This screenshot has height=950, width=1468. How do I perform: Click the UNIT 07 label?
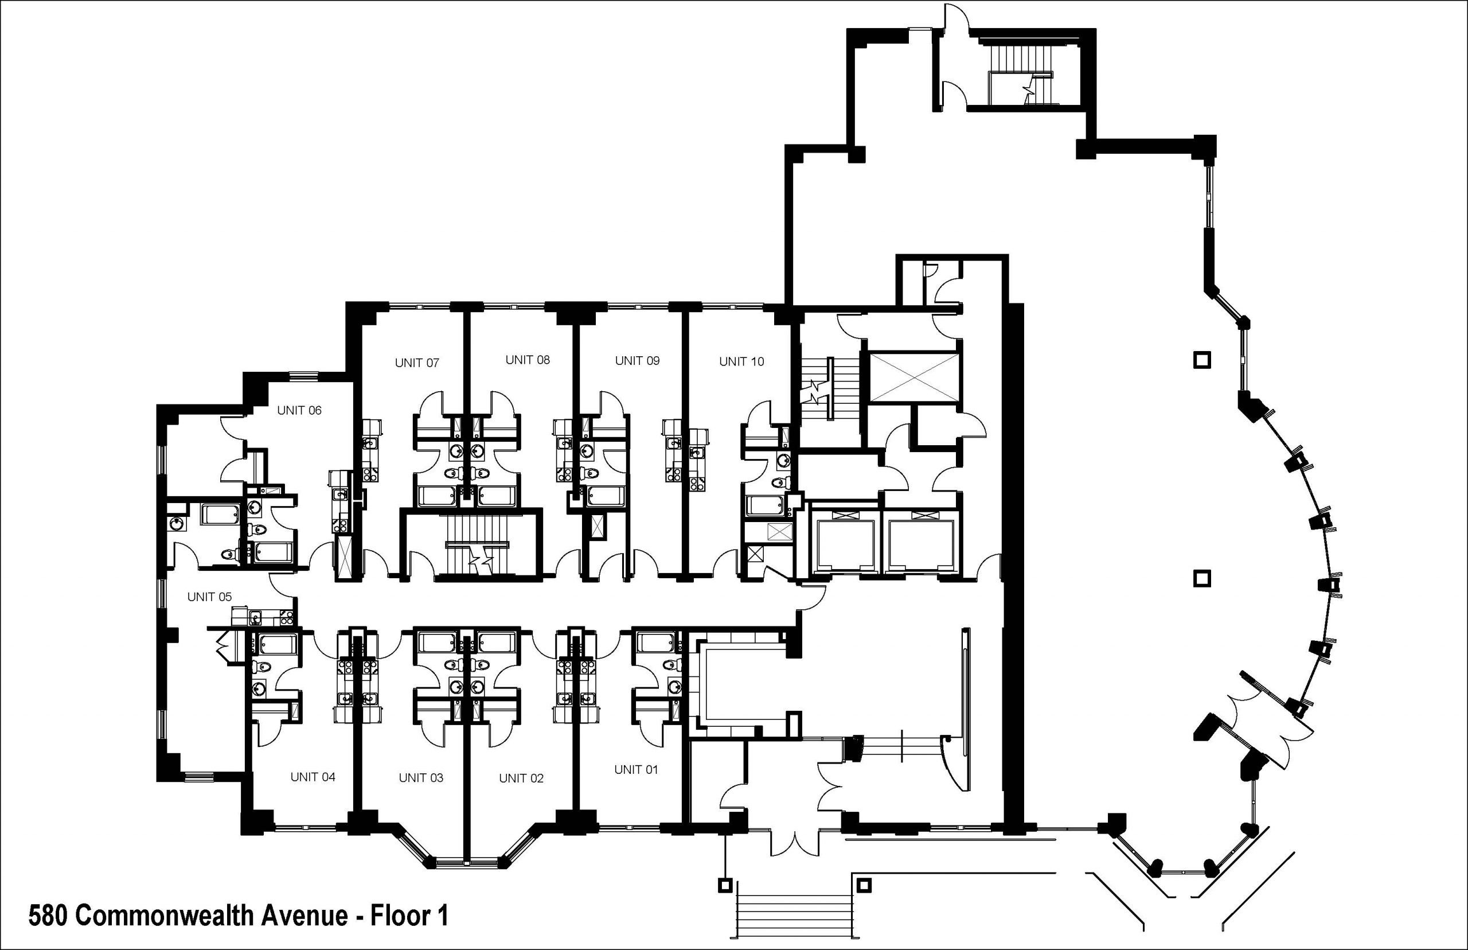tap(417, 363)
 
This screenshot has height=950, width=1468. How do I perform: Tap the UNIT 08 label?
tap(527, 360)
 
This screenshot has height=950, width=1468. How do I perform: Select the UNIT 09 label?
tap(637, 360)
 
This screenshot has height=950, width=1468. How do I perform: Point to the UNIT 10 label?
tap(741, 361)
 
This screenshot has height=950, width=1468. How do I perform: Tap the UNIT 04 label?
tap(313, 777)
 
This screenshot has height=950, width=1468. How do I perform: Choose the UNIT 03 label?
tap(420, 777)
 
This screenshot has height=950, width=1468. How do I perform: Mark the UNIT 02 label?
tap(521, 778)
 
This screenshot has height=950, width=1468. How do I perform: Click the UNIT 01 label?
tap(636, 769)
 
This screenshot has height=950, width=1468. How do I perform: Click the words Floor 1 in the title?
tap(409, 916)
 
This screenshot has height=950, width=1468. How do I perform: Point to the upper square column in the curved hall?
tap(1202, 359)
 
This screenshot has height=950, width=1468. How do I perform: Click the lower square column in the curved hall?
tap(1202, 578)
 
